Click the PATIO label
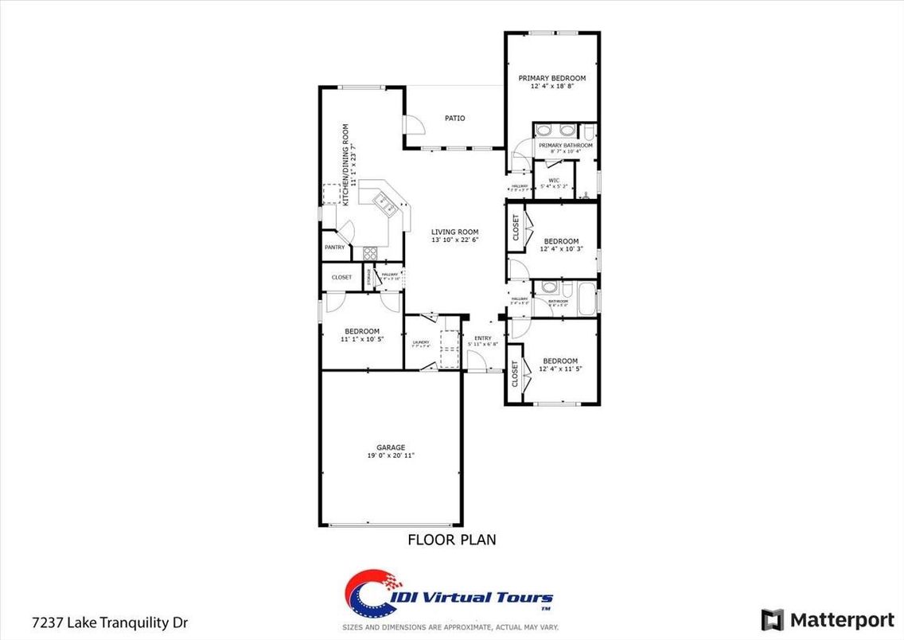pyautogui.click(x=455, y=119)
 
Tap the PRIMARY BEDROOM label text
pyautogui.click(x=552, y=78)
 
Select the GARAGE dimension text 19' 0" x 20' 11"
pyautogui.click(x=391, y=456)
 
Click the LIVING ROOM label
pyautogui.click(x=455, y=232)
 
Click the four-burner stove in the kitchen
pyautogui.click(x=371, y=253)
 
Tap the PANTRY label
pyautogui.click(x=334, y=248)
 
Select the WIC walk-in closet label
pyautogui.click(x=554, y=180)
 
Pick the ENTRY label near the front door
pyautogui.click(x=483, y=338)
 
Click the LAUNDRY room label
pyautogui.click(x=420, y=342)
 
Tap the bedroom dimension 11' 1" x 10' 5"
pyautogui.click(x=362, y=339)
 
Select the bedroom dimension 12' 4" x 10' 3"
pyautogui.click(x=561, y=249)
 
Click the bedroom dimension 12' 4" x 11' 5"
pyautogui.click(x=561, y=369)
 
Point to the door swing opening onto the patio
pyautogui.click(x=413, y=126)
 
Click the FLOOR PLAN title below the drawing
pyautogui.click(x=452, y=540)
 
